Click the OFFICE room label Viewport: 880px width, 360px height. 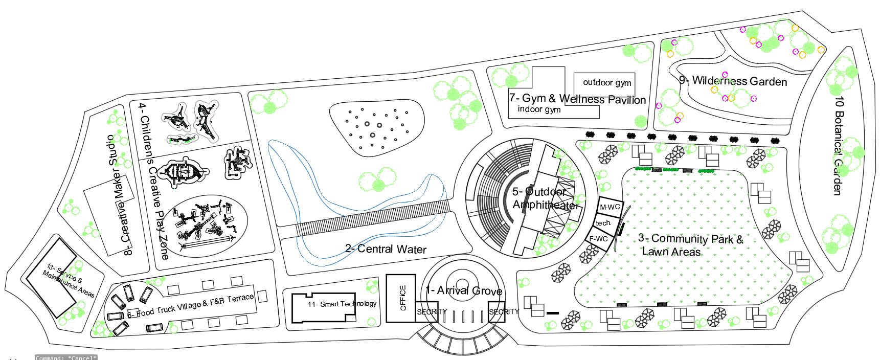[x=402, y=299]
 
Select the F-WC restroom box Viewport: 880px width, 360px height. [x=599, y=239]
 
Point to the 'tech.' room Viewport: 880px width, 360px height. [x=603, y=223]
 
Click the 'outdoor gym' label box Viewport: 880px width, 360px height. [x=607, y=82]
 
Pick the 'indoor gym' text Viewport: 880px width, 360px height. [x=539, y=109]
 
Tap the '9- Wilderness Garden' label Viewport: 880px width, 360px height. [x=733, y=81]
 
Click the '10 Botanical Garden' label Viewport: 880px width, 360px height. [x=838, y=146]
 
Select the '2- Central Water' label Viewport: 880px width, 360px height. [x=386, y=249]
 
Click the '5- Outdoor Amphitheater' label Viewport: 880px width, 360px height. [x=544, y=198]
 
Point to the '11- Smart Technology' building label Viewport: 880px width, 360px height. [x=342, y=304]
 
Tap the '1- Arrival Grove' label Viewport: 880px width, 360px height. [x=463, y=291]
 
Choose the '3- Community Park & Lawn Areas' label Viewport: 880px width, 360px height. [x=690, y=244]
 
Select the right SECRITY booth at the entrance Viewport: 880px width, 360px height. [x=503, y=311]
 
